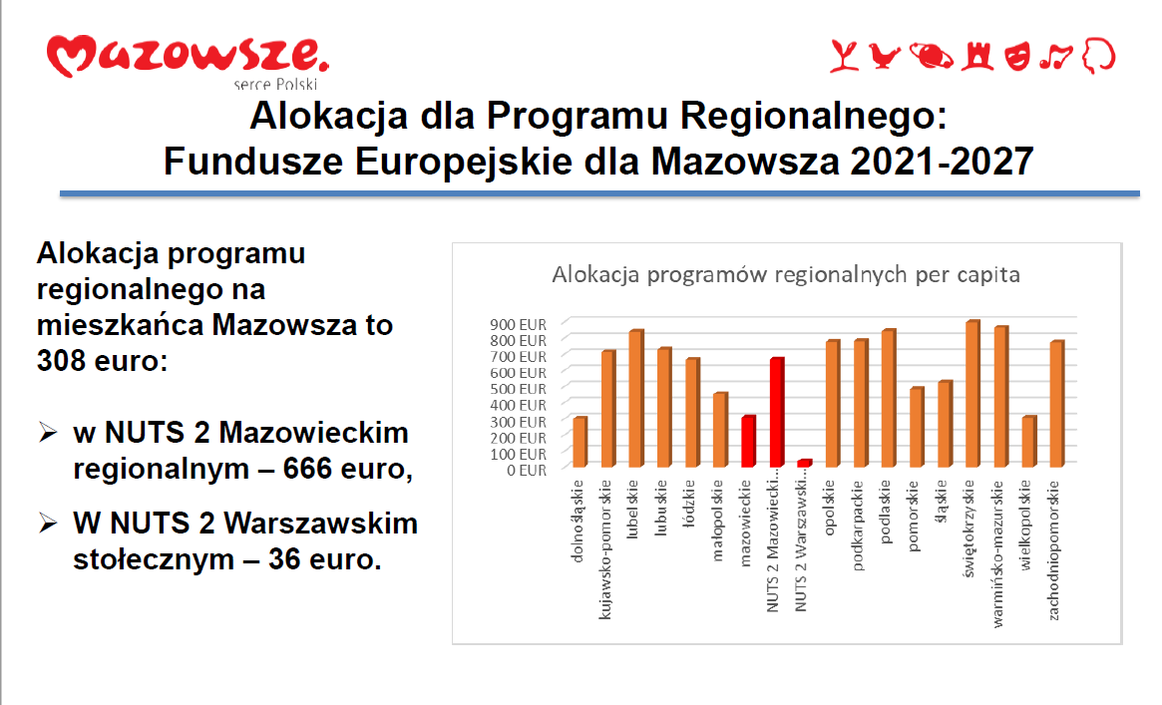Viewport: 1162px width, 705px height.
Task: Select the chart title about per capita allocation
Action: [x=786, y=275]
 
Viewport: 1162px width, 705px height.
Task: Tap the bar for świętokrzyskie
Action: [x=973, y=393]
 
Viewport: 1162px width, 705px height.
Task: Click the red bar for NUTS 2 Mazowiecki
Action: [x=777, y=413]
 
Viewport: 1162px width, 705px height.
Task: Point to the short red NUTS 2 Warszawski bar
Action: [x=805, y=463]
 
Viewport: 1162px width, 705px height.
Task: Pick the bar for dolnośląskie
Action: [x=581, y=442]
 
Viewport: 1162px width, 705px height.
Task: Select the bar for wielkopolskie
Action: [x=1029, y=442]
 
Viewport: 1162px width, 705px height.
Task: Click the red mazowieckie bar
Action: [x=748, y=442]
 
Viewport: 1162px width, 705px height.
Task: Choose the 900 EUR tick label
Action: [x=518, y=324]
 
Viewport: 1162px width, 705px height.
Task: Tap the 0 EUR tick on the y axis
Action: [x=527, y=471]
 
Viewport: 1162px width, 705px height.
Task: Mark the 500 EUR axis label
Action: [x=518, y=389]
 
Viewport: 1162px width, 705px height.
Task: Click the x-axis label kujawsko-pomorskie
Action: [x=605, y=549]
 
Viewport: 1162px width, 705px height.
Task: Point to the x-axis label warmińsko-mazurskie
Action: [x=997, y=554]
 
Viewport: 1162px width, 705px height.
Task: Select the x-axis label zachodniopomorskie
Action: [x=1053, y=550]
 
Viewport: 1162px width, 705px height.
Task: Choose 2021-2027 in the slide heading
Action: [x=942, y=162]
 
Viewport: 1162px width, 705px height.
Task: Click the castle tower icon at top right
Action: [x=976, y=56]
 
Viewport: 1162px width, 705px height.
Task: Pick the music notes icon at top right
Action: [x=1056, y=56]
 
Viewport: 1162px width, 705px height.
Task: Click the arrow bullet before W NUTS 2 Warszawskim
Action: [x=48, y=524]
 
